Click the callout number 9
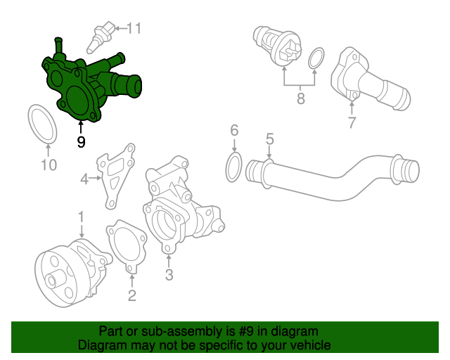point(81,141)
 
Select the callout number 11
point(134,28)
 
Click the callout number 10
point(48,165)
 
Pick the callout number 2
point(131,295)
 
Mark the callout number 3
point(169,274)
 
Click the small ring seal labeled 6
point(235,167)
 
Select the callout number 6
point(234,130)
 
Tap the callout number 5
point(269,139)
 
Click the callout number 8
point(300,98)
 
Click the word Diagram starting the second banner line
point(101,345)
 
